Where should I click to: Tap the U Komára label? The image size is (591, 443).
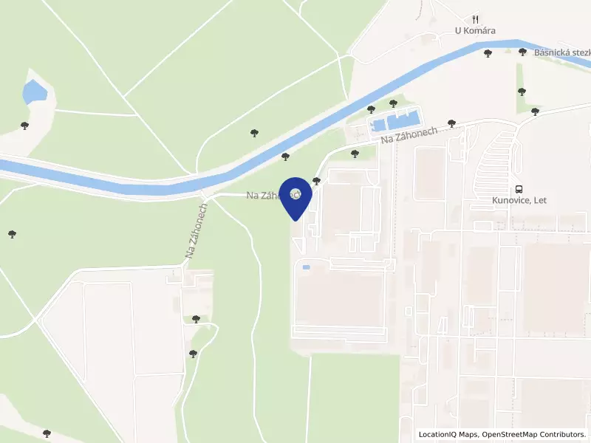[474, 31]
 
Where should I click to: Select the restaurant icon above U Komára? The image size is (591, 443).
[476, 19]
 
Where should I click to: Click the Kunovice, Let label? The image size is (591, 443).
[519, 199]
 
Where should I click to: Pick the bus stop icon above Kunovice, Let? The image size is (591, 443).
[519, 188]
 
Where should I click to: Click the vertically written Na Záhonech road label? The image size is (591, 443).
[197, 230]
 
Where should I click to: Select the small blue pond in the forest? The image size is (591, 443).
[34, 92]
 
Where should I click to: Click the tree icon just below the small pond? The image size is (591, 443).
[25, 126]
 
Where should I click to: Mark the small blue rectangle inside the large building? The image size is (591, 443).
[307, 267]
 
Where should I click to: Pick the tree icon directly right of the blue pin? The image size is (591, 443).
[317, 181]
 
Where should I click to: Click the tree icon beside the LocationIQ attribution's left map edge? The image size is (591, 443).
[47, 433]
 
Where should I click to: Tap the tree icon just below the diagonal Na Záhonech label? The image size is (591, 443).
[355, 154]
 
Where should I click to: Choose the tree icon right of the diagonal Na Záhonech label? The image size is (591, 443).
[452, 123]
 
